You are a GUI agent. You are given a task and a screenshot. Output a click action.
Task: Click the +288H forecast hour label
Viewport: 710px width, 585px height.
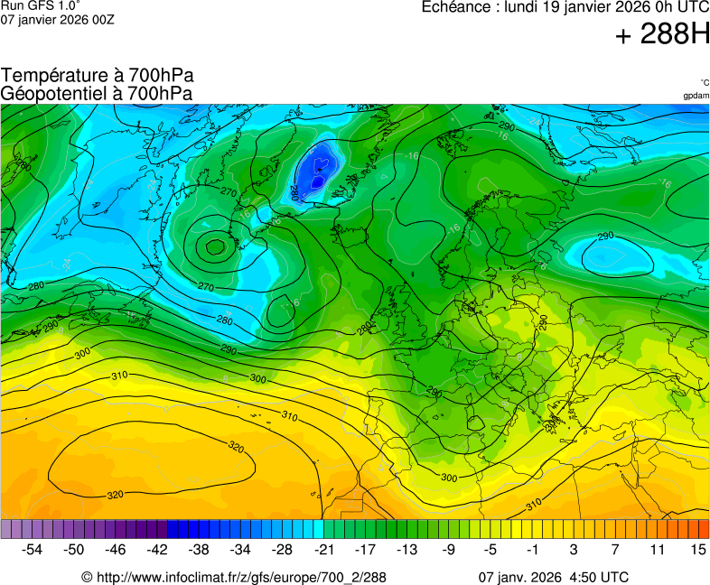pyautogui.click(x=662, y=35)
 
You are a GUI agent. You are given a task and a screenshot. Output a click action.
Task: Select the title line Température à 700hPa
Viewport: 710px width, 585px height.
pyautogui.click(x=97, y=76)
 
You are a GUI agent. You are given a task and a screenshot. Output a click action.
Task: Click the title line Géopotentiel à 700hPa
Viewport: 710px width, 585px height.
pyautogui.click(x=97, y=93)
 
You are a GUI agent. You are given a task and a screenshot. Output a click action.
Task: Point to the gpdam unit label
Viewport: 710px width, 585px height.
pyautogui.click(x=696, y=95)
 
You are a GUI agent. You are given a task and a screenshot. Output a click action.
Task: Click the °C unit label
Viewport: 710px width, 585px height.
pyautogui.click(x=704, y=82)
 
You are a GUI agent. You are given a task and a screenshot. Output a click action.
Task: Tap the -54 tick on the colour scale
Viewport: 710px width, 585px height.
pyautogui.click(x=33, y=549)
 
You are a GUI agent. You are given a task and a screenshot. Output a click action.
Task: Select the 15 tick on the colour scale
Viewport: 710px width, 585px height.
pyautogui.click(x=697, y=549)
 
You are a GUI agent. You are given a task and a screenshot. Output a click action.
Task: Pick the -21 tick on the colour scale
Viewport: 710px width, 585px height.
pyautogui.click(x=323, y=549)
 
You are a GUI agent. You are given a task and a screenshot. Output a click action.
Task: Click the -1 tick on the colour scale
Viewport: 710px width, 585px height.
pyautogui.click(x=532, y=549)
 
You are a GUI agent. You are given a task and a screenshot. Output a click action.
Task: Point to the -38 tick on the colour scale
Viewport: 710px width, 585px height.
pyautogui.click(x=200, y=549)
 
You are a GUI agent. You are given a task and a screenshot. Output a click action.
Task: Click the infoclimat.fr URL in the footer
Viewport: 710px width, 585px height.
pyautogui.click(x=233, y=577)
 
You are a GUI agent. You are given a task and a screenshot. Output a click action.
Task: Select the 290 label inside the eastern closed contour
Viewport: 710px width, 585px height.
pyautogui.click(x=606, y=237)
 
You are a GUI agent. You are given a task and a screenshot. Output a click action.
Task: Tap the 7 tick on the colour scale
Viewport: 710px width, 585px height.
pyautogui.click(x=614, y=549)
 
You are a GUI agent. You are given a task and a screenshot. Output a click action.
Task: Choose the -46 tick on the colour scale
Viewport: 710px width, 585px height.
pyautogui.click(x=117, y=549)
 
